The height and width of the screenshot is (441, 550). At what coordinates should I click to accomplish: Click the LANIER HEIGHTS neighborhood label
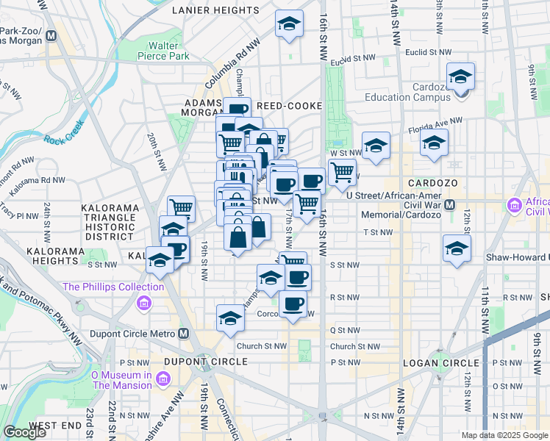[x=217, y=10]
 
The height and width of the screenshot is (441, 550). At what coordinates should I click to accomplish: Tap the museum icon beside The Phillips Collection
[x=143, y=303]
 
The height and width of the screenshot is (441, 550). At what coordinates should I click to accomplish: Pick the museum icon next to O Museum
[x=162, y=379]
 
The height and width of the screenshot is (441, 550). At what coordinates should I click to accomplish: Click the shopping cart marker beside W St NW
[x=342, y=172]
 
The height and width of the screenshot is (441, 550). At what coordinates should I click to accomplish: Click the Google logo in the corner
[x=24, y=432]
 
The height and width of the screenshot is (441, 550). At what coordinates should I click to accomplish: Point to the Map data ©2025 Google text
[x=504, y=435]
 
